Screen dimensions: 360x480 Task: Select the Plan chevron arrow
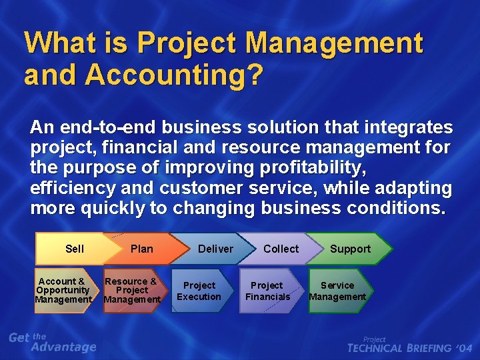point(141,249)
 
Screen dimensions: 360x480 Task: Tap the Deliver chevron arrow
point(215,249)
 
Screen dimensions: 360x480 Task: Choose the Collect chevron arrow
point(281,249)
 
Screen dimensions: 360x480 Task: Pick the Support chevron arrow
point(350,249)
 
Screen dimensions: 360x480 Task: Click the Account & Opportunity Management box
point(63,291)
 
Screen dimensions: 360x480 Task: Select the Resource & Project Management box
point(132,291)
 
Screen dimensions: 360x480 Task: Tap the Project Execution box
point(200,291)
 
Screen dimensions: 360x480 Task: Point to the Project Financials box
point(268,291)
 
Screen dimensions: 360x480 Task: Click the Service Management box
point(338,291)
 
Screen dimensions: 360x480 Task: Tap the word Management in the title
point(333,44)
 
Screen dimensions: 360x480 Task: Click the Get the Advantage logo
point(53,342)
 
